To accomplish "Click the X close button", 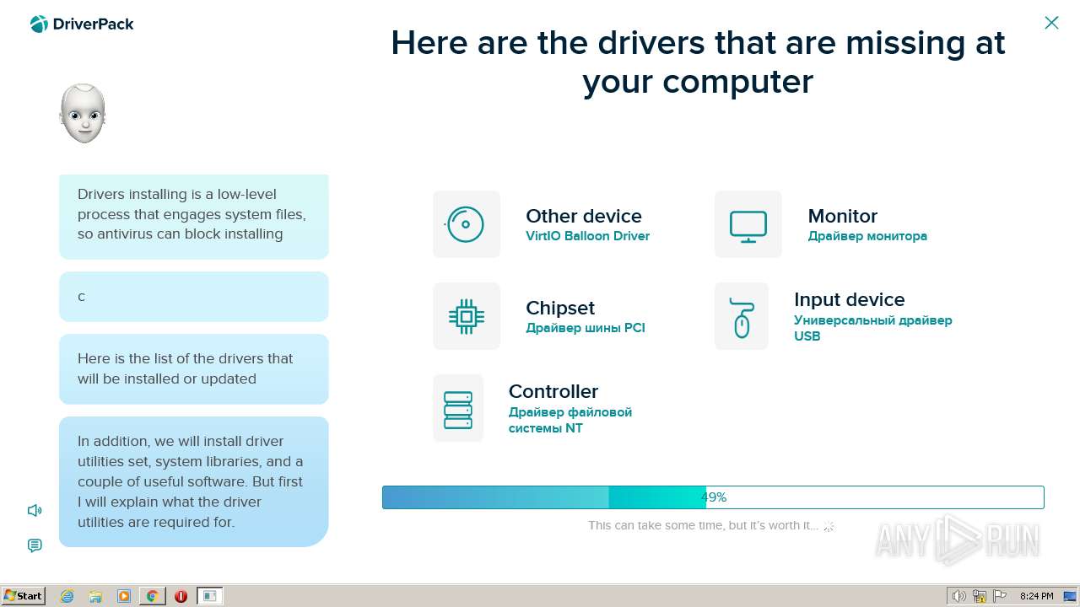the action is click(1051, 23).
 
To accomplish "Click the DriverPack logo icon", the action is click(39, 24).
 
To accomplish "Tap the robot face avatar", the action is click(83, 114).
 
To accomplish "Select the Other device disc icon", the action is click(465, 224).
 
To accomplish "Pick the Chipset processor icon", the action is click(467, 316).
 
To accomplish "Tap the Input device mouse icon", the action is click(742, 318).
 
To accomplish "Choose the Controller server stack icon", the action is click(458, 410).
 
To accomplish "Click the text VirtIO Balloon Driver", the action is click(587, 236).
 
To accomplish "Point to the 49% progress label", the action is click(714, 497).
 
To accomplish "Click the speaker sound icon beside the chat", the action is click(35, 510).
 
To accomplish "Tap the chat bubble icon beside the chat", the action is click(35, 545).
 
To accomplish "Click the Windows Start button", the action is click(23, 596).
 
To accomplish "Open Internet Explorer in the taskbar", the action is click(67, 596).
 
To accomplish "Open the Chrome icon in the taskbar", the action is click(153, 596).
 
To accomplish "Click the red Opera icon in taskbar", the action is click(181, 596).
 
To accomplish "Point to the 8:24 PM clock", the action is click(1037, 596).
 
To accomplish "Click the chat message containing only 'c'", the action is click(194, 297).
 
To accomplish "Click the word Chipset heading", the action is click(559, 309).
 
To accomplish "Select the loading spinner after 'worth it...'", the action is click(829, 526).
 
